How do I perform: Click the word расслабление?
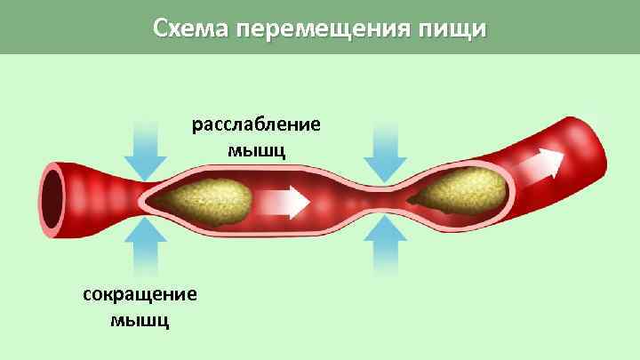pyautogui.click(x=257, y=124)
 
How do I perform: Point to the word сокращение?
pyautogui.click(x=140, y=293)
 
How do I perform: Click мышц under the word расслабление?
pyautogui.click(x=257, y=148)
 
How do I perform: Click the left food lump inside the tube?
pyautogui.click(x=212, y=198)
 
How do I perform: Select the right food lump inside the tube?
pyautogui.click(x=466, y=190)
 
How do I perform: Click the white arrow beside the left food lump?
pyautogui.click(x=285, y=202)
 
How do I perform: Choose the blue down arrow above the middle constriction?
pyautogui.click(x=385, y=151)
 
